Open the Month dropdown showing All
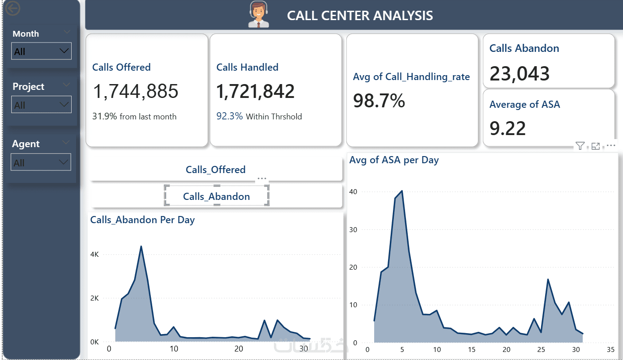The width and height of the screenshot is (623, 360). click(41, 51)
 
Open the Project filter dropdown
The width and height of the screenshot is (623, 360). click(41, 105)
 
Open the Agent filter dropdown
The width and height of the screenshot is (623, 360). click(41, 162)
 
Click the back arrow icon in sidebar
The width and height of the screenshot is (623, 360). click(13, 8)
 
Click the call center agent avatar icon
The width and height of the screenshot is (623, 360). click(258, 15)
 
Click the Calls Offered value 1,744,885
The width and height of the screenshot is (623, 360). click(136, 92)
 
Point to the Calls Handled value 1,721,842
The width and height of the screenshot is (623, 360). click(256, 92)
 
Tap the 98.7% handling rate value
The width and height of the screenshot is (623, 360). click(379, 101)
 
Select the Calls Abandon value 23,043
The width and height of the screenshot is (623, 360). click(520, 74)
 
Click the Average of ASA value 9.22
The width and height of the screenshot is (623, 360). click(508, 128)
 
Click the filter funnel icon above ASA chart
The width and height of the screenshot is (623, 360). click(580, 146)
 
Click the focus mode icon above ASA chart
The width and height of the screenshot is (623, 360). click(596, 146)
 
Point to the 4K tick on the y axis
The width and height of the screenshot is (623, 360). click(94, 254)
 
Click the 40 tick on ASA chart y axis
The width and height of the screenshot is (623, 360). click(353, 192)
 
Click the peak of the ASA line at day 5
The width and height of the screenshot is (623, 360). click(402, 191)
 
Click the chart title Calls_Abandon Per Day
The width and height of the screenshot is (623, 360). click(142, 220)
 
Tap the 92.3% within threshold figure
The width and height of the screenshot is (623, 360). click(230, 116)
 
